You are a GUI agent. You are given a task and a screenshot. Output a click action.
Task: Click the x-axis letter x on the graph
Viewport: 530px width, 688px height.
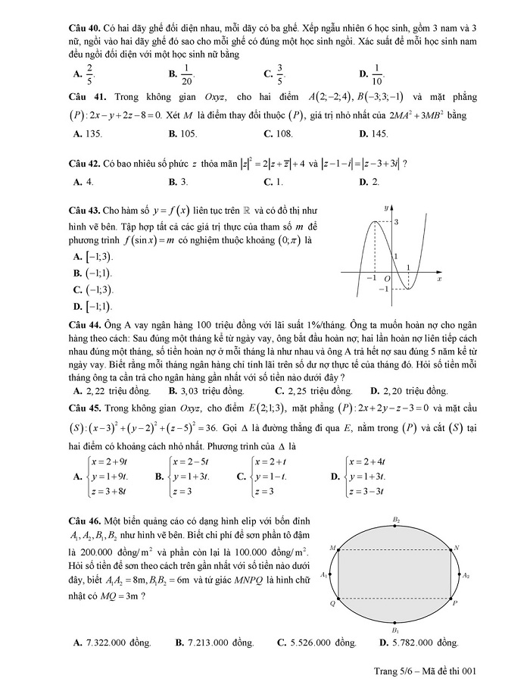pos(439,279)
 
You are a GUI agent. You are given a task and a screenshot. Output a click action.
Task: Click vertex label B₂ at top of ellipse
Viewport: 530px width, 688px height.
pos(396,520)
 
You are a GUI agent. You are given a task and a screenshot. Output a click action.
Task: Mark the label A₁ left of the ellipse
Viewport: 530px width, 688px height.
pos(323,575)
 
